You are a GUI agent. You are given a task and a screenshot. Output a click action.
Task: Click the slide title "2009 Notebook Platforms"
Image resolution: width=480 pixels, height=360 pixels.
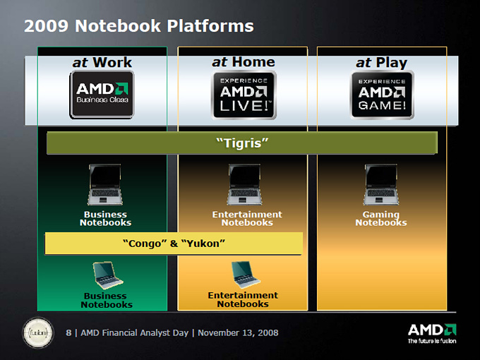tap(138, 25)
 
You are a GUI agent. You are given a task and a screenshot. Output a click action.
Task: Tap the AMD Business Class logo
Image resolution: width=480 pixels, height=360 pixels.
tap(102, 95)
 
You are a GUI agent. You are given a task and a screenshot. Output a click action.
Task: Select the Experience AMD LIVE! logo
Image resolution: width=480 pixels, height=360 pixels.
tap(244, 95)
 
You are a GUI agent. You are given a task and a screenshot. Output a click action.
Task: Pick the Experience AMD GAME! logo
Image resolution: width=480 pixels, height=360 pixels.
tap(382, 95)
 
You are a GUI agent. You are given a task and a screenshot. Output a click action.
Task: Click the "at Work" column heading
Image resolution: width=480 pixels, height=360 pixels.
tap(102, 62)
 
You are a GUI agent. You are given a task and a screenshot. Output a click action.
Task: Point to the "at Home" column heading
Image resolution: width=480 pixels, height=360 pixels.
tap(244, 62)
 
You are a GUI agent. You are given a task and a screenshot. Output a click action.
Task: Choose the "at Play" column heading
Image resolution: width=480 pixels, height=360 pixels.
tap(381, 63)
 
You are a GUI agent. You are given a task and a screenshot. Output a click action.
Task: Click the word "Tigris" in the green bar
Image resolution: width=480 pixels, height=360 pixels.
tap(242, 143)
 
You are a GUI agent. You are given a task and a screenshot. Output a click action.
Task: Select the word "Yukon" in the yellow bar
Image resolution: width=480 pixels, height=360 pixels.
tap(203, 244)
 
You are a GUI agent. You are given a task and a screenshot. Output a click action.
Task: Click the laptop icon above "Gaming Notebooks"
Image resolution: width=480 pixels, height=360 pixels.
tap(381, 185)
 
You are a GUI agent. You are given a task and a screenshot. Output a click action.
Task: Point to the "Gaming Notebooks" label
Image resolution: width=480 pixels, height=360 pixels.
tap(381, 218)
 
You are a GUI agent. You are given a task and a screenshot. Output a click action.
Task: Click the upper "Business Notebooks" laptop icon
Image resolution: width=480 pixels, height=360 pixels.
tap(105, 185)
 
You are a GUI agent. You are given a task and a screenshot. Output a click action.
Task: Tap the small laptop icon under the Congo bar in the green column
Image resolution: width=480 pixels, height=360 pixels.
tap(107, 275)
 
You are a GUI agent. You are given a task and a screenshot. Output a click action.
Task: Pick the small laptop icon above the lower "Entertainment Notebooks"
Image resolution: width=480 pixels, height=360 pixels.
tap(245, 275)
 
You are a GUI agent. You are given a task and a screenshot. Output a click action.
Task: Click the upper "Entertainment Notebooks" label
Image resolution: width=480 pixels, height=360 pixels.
tap(247, 218)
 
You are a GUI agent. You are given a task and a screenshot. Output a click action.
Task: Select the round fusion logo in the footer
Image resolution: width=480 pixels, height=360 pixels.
tap(38, 332)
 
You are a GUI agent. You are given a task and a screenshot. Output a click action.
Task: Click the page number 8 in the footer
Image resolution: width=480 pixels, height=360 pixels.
tap(68, 332)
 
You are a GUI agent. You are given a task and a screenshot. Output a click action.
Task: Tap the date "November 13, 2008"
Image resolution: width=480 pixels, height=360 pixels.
tap(238, 332)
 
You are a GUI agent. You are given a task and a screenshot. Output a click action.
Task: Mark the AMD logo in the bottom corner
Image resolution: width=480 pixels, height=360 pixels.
tap(432, 334)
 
